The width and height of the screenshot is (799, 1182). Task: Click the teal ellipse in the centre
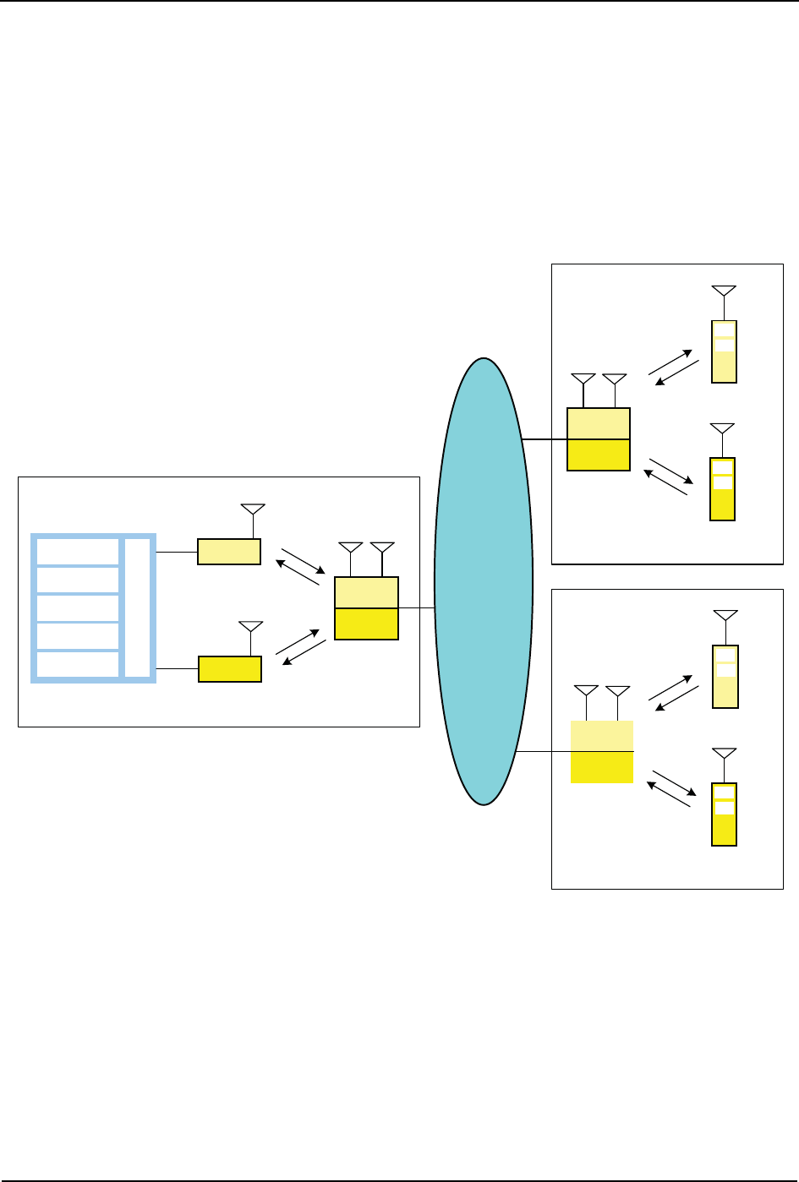(x=484, y=581)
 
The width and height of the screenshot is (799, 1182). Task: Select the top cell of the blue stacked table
(x=77, y=552)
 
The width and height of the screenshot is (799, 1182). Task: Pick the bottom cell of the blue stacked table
(x=77, y=665)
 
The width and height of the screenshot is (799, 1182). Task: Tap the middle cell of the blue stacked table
(x=77, y=608)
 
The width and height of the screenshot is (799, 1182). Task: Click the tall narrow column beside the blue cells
(x=138, y=607)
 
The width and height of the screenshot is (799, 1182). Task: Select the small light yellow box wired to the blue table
(x=229, y=552)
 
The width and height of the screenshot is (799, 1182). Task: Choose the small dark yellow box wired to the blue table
(x=230, y=668)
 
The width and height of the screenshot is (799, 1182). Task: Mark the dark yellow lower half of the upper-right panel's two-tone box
(x=599, y=455)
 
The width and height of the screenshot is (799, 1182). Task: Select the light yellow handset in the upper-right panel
(x=724, y=351)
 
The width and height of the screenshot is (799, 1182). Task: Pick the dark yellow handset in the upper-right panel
(x=722, y=489)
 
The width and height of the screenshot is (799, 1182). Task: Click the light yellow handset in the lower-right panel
(x=725, y=676)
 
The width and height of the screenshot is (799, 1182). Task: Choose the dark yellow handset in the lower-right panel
(x=724, y=814)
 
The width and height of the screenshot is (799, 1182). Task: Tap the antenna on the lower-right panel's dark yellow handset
(x=724, y=754)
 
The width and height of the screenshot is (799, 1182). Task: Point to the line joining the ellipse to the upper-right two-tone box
(x=545, y=439)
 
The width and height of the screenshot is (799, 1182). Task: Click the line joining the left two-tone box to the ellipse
(x=417, y=607)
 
